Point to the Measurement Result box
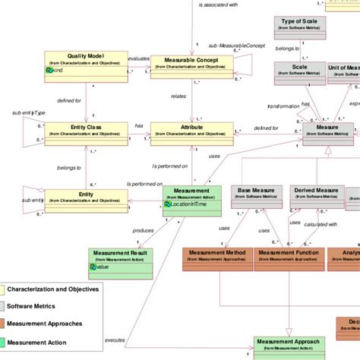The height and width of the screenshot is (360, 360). pos(120,260)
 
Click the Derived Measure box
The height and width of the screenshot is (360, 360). pos(317,195)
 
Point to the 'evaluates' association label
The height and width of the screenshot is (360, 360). pos(138,58)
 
